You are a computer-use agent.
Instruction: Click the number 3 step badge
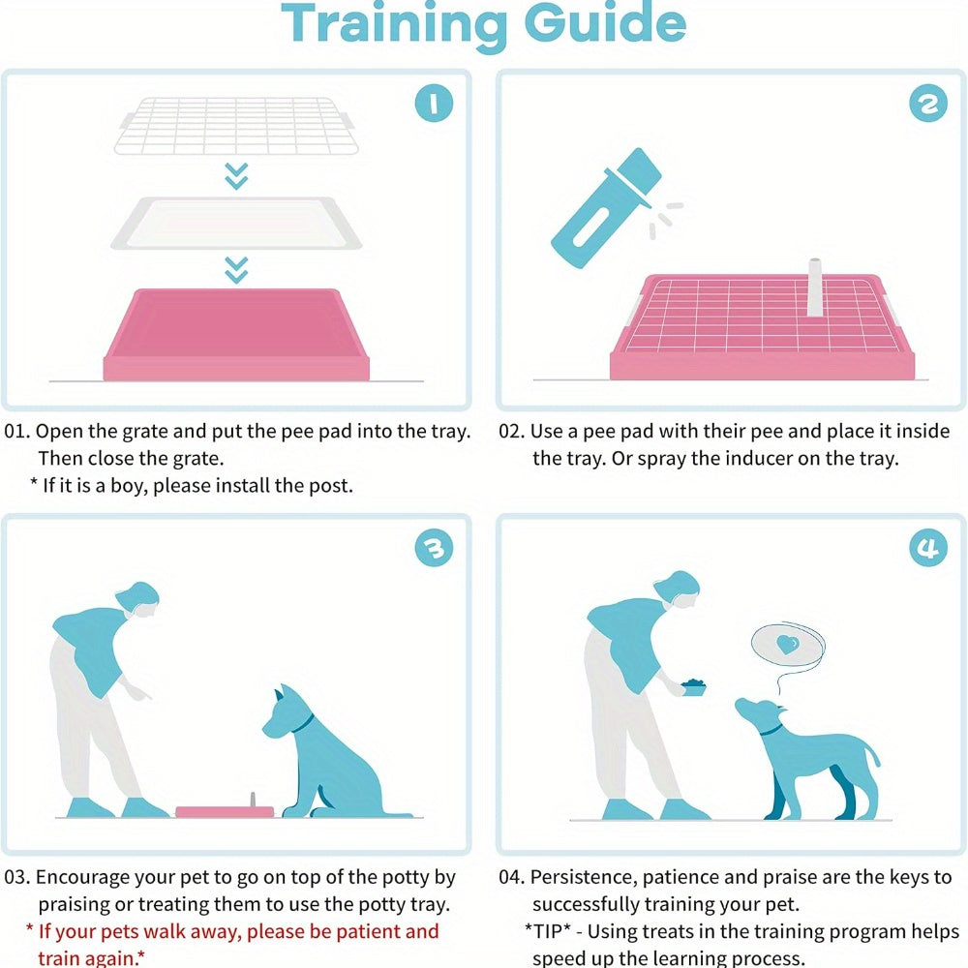click(x=434, y=549)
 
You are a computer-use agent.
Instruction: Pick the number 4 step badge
click(x=927, y=549)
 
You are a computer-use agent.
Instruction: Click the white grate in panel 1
click(x=236, y=126)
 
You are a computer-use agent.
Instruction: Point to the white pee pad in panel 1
click(x=236, y=223)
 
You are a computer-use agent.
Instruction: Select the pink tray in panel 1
click(x=236, y=334)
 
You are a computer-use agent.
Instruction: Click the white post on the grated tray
click(x=815, y=287)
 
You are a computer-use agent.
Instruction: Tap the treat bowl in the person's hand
click(x=693, y=686)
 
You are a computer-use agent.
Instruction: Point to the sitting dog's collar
click(x=304, y=722)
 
